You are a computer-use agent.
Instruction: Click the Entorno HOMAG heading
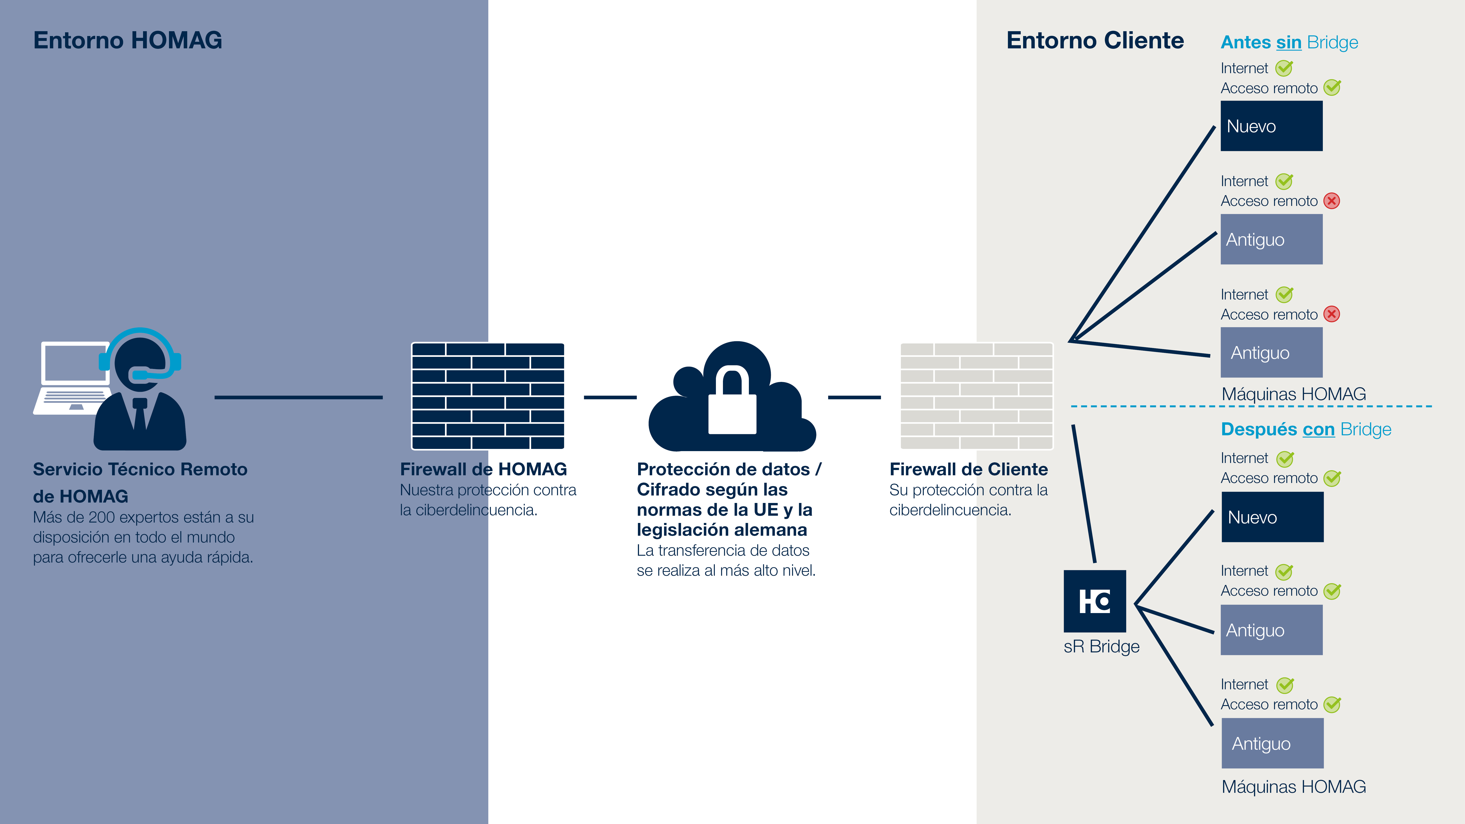click(x=127, y=40)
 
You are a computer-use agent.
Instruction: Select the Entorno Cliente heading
click(x=1095, y=40)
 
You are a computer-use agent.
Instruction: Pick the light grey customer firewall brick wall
click(x=977, y=396)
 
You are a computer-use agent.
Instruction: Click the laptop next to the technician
click(x=73, y=375)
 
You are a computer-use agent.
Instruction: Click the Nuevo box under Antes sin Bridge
click(x=1271, y=126)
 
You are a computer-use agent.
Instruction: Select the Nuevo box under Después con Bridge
click(x=1272, y=517)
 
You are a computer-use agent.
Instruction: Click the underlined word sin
click(x=1289, y=43)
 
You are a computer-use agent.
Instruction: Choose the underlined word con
click(x=1318, y=429)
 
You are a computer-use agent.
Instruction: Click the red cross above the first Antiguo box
click(x=1331, y=201)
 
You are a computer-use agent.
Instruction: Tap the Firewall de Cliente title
click(x=968, y=469)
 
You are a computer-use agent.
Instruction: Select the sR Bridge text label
click(x=1101, y=647)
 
